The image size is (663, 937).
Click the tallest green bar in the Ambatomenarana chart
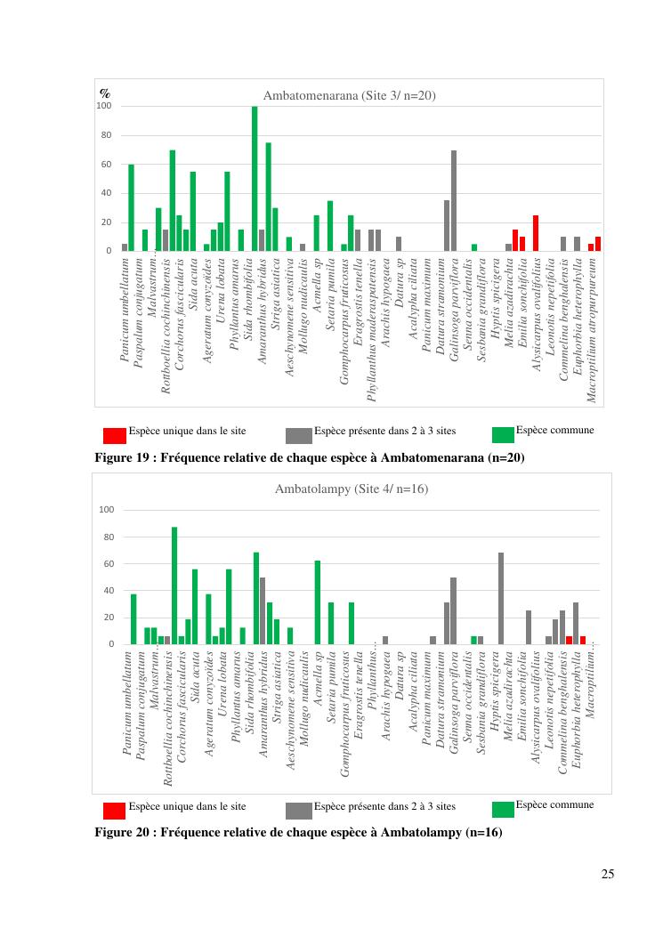[255, 178]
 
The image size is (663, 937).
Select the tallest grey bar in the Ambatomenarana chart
[454, 200]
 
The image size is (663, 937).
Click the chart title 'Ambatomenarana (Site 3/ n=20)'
[349, 95]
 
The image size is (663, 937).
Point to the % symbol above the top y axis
[104, 93]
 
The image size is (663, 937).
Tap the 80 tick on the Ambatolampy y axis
[107, 537]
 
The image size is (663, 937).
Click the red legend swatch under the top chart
[114, 435]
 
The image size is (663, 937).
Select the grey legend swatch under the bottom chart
[298, 811]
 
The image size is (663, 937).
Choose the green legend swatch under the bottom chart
[503, 809]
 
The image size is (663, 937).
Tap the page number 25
[607, 873]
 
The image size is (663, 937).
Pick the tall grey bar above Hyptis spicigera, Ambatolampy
[501, 598]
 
